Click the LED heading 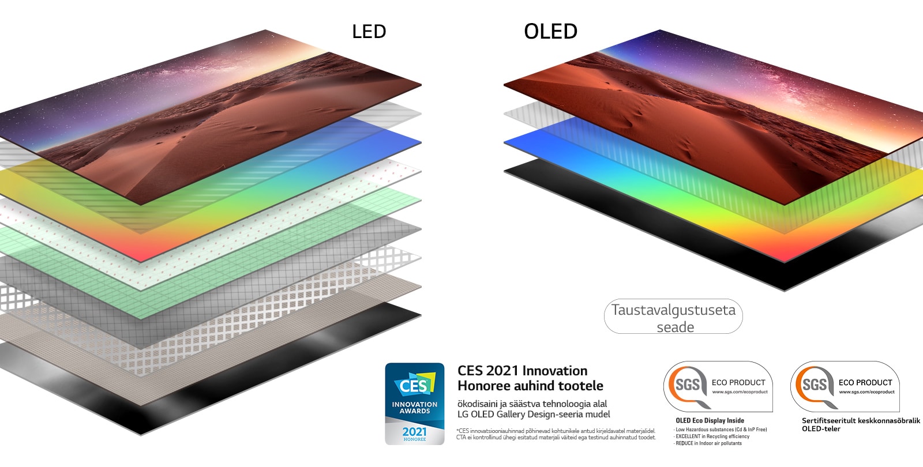(369, 31)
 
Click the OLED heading (550, 31)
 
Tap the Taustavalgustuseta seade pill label (673, 318)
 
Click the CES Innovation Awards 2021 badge (415, 404)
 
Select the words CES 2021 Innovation (522, 371)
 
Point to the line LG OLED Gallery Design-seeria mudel (534, 414)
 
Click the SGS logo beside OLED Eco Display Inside (688, 385)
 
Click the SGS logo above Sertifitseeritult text (815, 385)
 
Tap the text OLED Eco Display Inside (710, 420)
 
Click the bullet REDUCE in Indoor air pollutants (708, 443)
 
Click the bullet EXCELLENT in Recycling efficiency (712, 436)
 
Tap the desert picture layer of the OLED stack (692, 115)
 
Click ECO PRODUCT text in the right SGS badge (865, 382)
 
